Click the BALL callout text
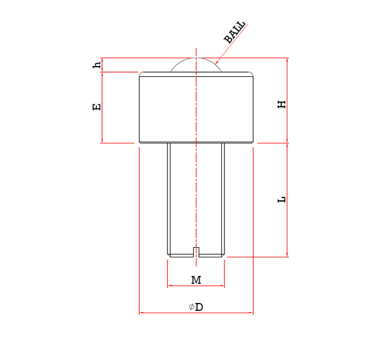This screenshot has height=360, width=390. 235,32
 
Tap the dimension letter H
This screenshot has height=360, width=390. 281,104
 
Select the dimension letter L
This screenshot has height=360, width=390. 281,199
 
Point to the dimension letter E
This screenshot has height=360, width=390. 96,107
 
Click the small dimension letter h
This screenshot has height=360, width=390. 96,65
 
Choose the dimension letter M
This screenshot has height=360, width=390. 196,280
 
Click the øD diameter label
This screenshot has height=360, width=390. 196,307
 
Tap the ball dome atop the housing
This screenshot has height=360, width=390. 196,65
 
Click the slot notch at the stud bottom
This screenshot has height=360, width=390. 196,251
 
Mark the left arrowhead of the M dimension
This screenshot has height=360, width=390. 170,286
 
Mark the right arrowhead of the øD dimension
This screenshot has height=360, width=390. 251,313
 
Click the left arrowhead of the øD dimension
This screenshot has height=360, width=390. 142,313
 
